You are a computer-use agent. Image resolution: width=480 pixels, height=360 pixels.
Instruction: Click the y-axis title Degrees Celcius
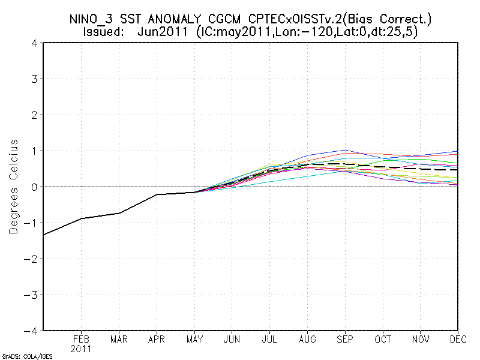click(x=14, y=187)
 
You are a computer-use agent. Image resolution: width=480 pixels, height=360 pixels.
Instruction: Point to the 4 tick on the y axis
click(x=35, y=43)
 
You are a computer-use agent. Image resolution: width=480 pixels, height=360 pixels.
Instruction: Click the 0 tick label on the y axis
click(x=35, y=187)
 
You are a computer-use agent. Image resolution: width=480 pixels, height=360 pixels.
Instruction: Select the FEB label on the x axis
click(x=82, y=339)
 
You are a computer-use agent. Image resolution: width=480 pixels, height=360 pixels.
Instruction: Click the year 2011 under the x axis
click(x=82, y=348)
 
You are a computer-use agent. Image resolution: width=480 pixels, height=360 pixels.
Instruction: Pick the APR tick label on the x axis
click(x=157, y=339)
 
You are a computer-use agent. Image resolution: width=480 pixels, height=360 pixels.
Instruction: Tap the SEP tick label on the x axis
click(x=344, y=339)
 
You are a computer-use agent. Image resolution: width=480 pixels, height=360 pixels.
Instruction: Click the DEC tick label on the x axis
click(x=458, y=339)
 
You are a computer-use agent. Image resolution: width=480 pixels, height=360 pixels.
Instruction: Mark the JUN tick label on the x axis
click(x=232, y=339)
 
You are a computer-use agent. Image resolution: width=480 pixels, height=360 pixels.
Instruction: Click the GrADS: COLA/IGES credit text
click(x=27, y=356)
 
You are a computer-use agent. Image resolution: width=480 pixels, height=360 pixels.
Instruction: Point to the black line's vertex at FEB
click(x=82, y=218)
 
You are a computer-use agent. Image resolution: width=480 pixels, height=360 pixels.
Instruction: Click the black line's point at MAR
click(x=119, y=213)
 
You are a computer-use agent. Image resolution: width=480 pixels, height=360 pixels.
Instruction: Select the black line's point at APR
click(x=157, y=194)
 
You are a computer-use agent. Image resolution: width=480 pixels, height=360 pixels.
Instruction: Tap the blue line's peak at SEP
click(x=344, y=150)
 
